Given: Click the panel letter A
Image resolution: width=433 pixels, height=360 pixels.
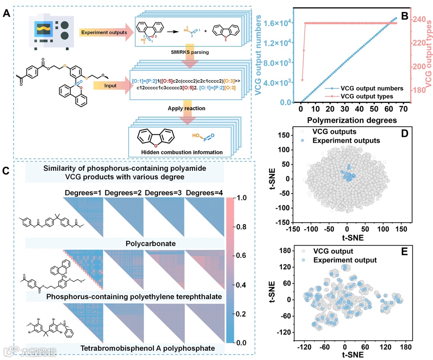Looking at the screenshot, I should tap(7, 15).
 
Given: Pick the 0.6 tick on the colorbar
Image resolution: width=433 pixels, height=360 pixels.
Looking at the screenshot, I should tap(248, 256).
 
